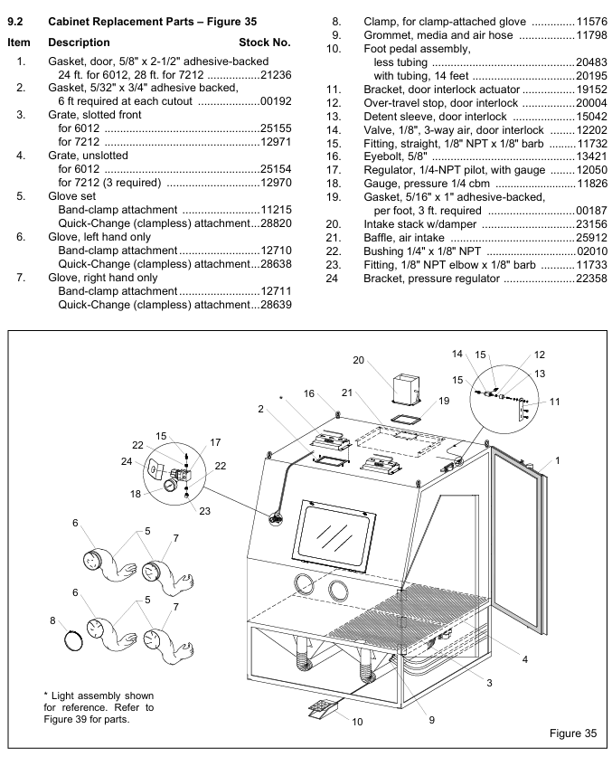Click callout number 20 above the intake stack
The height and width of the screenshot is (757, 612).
click(358, 360)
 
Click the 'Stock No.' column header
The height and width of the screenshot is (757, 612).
click(264, 43)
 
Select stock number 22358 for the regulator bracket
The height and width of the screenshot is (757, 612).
click(591, 279)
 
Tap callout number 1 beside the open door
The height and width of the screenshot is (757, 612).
click(558, 461)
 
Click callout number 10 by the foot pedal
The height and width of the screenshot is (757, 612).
click(358, 722)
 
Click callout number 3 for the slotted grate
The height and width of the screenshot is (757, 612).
click(489, 682)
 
